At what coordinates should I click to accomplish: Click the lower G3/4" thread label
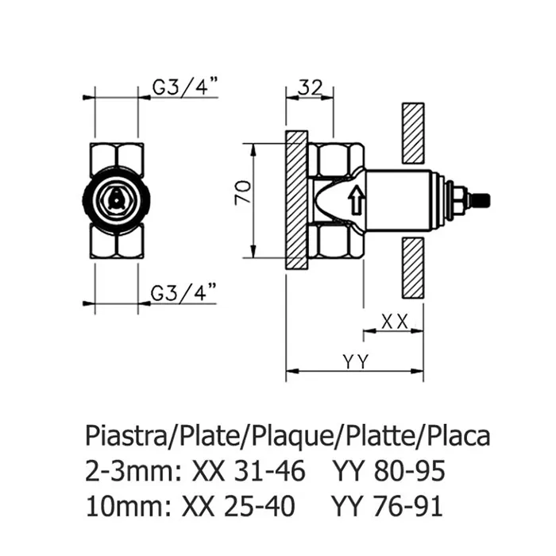(x=183, y=292)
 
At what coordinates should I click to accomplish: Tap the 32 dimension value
(x=311, y=87)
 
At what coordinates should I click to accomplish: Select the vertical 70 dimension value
(x=243, y=192)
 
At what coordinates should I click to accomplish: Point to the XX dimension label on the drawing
(x=394, y=322)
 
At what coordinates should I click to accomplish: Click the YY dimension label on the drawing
(x=356, y=361)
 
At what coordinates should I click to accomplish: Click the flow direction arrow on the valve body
(x=357, y=201)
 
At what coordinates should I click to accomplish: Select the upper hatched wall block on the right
(x=413, y=133)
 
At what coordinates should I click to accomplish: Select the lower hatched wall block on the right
(x=413, y=268)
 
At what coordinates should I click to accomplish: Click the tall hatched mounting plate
(x=297, y=200)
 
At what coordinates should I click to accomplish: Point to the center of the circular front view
(x=116, y=200)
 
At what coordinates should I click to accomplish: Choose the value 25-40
(x=259, y=506)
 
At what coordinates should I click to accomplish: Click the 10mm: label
(x=129, y=506)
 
